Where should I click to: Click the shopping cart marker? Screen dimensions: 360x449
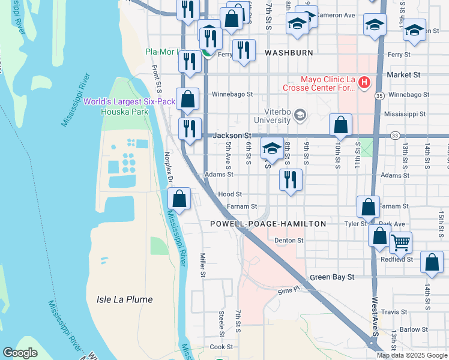pos(400,242)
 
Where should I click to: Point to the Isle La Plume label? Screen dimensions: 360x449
pos(125,299)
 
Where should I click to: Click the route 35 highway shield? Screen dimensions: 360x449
pos(379,95)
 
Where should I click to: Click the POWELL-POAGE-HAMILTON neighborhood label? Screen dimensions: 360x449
pos(268,224)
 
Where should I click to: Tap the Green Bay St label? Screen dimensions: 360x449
pos(333,277)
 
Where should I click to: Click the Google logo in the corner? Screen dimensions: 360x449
pos(20,353)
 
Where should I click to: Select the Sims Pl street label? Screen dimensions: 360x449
pos(288,289)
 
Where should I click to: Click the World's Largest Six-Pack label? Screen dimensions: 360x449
pos(129,101)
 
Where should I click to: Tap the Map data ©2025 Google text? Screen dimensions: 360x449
pos(411,355)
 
